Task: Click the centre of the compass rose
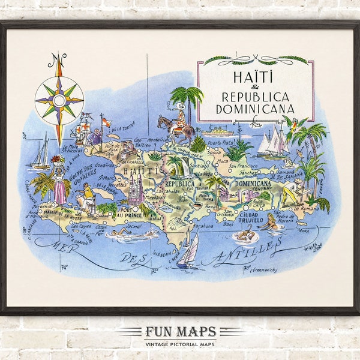59,97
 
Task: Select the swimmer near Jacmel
120,232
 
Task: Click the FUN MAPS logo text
180,332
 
